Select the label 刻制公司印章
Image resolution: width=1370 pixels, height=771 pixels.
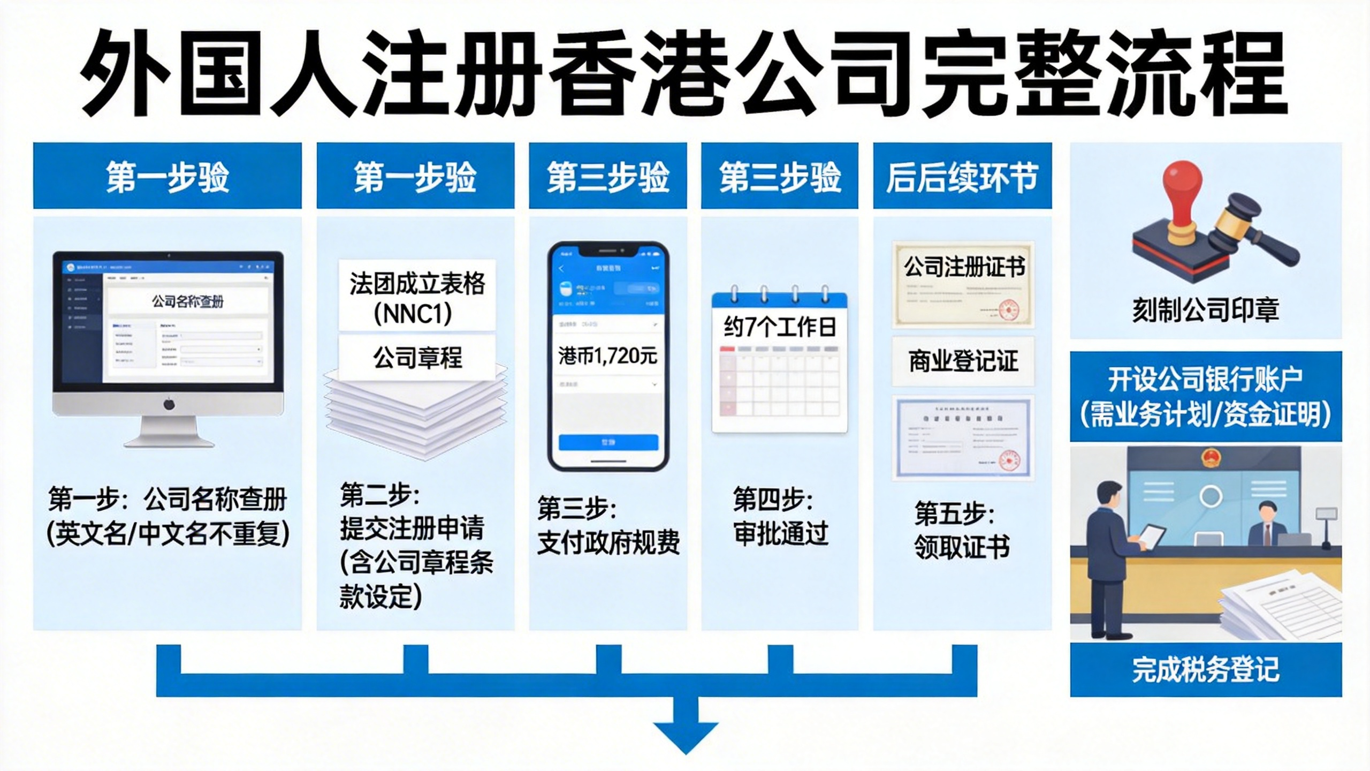1205,309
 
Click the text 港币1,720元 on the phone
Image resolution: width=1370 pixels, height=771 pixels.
607,356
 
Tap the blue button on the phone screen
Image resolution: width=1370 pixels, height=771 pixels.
608,442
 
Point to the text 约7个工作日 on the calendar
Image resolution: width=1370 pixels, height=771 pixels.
780,327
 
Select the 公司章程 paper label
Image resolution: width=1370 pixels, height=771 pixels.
417,357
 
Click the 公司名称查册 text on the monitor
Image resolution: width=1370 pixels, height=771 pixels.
187,301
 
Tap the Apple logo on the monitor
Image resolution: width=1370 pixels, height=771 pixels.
169,404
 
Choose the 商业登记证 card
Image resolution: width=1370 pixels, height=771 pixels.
963,361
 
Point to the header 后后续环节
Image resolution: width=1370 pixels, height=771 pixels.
962,177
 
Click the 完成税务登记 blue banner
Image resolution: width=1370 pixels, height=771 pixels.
1205,669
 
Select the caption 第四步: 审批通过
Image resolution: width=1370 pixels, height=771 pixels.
780,516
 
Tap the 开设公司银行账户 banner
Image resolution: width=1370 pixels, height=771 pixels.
1205,397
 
